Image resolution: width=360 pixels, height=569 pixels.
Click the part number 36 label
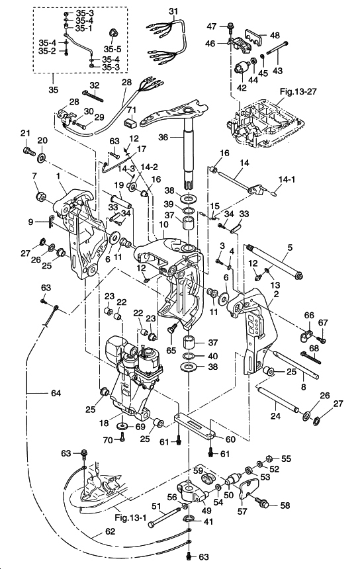pyautogui.click(x=163, y=137)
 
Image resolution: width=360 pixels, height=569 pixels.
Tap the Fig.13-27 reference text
pyautogui.click(x=298, y=91)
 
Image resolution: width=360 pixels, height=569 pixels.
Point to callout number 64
pyautogui.click(x=56, y=392)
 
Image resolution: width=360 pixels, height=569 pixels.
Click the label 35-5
pyautogui.click(x=112, y=49)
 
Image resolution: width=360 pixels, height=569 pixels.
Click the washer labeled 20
pyautogui.click(x=42, y=157)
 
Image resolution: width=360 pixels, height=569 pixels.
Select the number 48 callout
pyautogui.click(x=275, y=35)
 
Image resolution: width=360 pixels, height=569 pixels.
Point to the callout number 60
pyautogui.click(x=230, y=439)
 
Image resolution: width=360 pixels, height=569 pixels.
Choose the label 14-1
pyautogui.click(x=287, y=179)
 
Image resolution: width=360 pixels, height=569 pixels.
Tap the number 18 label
pyautogui.click(x=104, y=423)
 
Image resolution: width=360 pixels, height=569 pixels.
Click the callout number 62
pyautogui.click(x=110, y=531)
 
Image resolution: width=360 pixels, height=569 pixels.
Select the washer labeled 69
pyautogui.click(x=121, y=425)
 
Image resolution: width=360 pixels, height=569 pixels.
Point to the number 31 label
pyautogui.click(x=174, y=11)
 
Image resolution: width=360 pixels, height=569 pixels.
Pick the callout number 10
pyautogui.click(x=163, y=225)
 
